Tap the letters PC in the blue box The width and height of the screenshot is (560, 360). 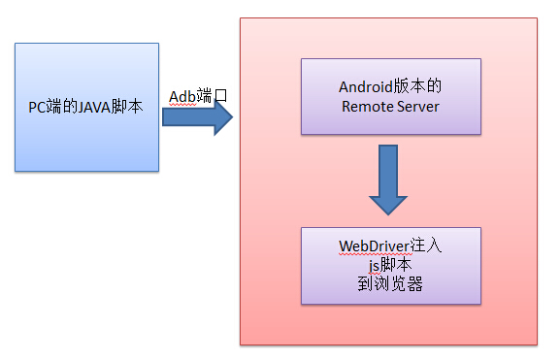pyautogui.click(x=37, y=107)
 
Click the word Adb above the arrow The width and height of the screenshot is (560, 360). pyautogui.click(x=183, y=94)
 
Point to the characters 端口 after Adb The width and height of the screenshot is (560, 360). pyautogui.click(x=214, y=94)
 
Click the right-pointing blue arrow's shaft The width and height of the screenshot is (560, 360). pyautogui.click(x=184, y=117)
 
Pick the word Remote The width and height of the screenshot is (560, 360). pyautogui.click(x=366, y=106)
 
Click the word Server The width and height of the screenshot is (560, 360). pyautogui.click(x=416, y=106)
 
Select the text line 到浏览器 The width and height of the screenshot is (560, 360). pyautogui.click(x=390, y=284)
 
